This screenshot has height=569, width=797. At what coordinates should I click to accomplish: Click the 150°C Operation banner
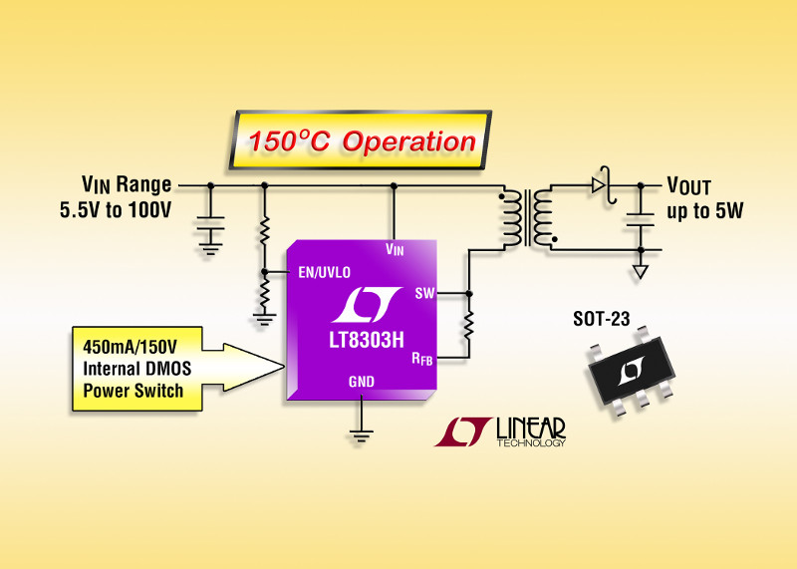[363, 141]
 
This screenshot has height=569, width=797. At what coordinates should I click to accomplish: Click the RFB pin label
[422, 358]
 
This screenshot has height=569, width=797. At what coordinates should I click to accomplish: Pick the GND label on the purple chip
[362, 382]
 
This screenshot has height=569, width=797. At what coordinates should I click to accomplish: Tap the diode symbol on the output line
[598, 184]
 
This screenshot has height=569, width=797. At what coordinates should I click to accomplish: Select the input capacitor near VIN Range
[210, 225]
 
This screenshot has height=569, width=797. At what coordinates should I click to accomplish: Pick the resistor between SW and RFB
[467, 323]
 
